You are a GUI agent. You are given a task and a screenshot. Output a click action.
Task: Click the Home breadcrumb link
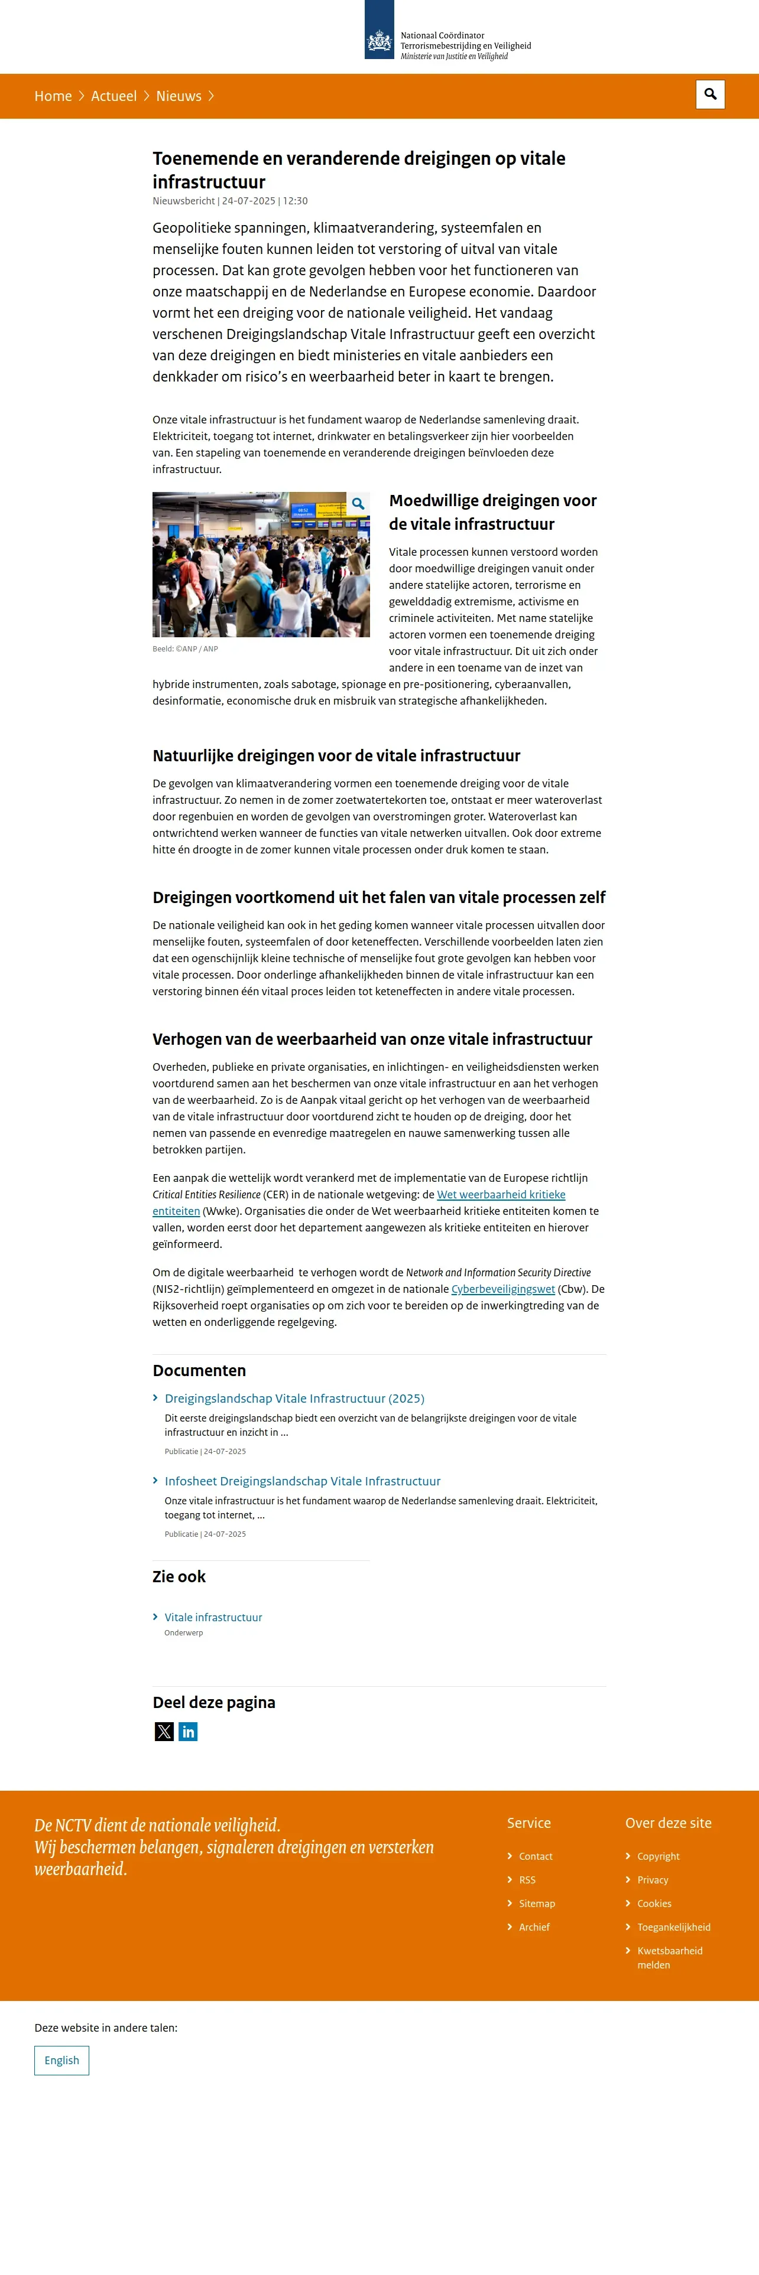point(53,96)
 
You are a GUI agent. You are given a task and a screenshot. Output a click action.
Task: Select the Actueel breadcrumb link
point(114,96)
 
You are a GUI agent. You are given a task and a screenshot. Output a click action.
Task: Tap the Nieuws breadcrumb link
point(179,96)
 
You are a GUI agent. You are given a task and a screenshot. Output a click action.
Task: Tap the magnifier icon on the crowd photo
point(358,503)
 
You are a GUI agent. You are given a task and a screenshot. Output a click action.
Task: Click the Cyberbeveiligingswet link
point(503,1289)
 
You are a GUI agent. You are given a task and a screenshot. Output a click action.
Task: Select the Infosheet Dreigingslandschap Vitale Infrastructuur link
point(302,1481)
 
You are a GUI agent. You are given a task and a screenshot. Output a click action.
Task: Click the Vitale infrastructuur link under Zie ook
point(213,1617)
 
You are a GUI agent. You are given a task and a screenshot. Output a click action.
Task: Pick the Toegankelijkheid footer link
point(673,1927)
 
